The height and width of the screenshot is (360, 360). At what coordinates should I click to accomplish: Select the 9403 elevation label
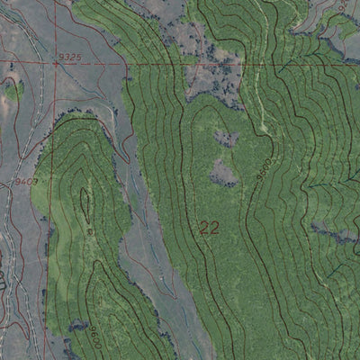(x=26, y=181)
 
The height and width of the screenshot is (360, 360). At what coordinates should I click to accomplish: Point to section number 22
(x=209, y=229)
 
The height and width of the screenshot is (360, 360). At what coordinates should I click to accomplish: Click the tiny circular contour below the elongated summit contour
(x=90, y=231)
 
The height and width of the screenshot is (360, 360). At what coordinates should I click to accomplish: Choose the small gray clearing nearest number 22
(x=223, y=171)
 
